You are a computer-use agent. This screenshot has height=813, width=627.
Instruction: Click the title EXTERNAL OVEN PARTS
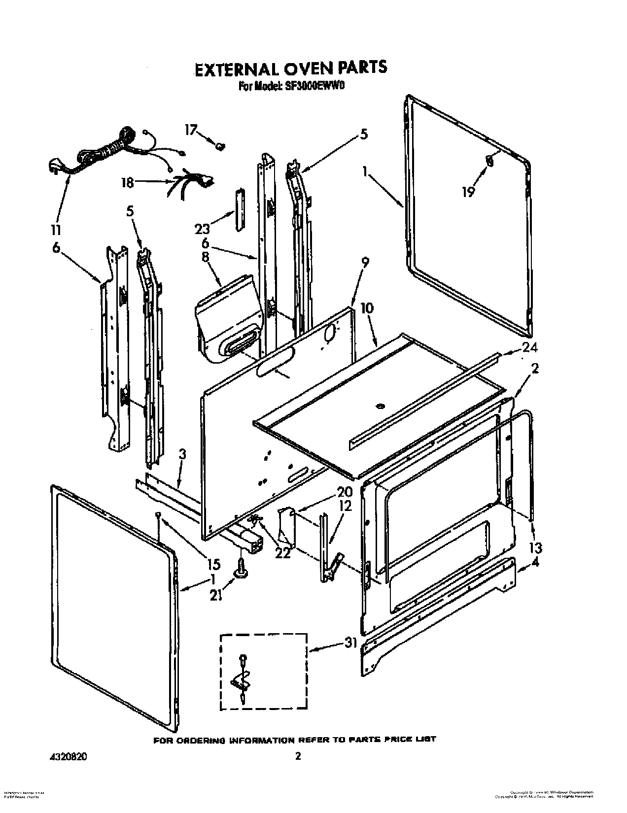click(x=290, y=68)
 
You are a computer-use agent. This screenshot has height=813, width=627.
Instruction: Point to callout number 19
click(x=468, y=192)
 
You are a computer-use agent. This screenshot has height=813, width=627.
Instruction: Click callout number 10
click(x=367, y=309)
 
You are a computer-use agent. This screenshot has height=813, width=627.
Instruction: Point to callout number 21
click(x=216, y=595)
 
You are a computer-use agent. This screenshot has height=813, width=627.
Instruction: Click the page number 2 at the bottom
click(x=297, y=756)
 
